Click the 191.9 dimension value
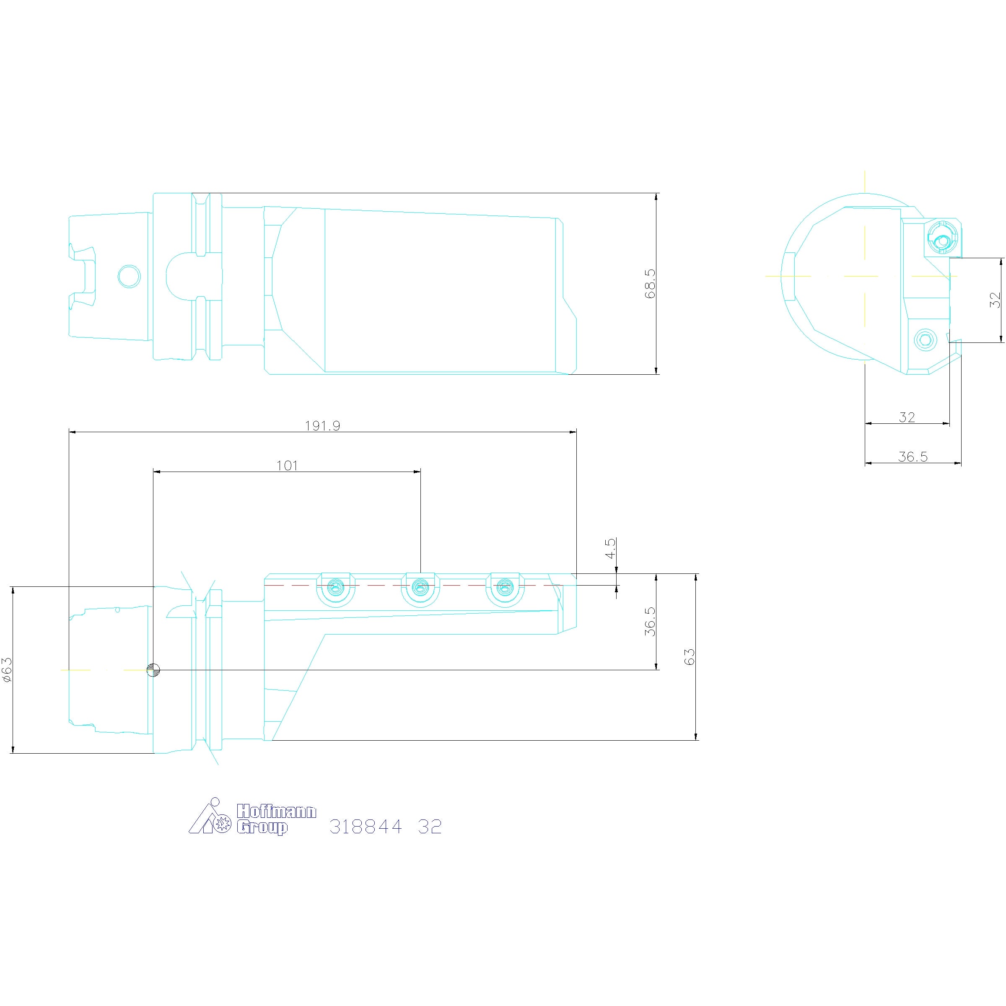point(322,425)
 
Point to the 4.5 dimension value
point(610,548)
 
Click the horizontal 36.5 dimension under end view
point(913,456)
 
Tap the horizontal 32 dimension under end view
point(907,417)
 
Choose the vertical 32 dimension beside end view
point(995,300)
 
